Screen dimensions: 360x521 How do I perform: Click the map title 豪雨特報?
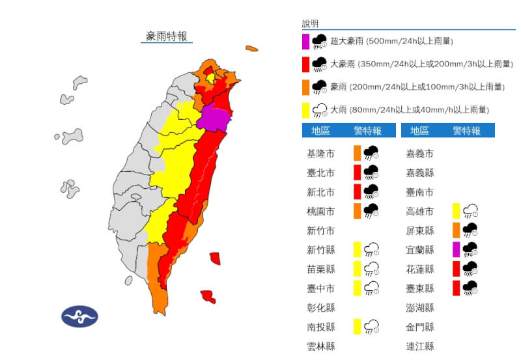(166, 36)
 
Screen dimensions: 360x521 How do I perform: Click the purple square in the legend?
(305, 41)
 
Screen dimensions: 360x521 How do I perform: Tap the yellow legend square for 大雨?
(305, 109)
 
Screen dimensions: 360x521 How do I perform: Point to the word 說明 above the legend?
(311, 24)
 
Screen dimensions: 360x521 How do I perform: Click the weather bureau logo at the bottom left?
(79, 316)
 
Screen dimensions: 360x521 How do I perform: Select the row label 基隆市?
(321, 154)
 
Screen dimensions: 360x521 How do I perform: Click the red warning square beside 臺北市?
(357, 173)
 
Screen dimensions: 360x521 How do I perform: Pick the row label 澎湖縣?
(420, 307)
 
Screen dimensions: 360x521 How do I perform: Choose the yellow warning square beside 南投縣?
(357, 326)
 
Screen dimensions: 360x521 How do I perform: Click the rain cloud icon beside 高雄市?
(470, 211)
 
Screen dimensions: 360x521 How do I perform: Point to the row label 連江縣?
(420, 346)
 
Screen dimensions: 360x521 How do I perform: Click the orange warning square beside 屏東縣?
(456, 230)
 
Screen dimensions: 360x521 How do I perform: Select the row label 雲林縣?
(321, 346)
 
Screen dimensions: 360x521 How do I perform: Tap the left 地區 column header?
(320, 131)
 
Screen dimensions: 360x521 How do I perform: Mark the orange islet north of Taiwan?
(251, 48)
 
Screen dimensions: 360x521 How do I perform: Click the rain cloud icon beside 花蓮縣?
(470, 268)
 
